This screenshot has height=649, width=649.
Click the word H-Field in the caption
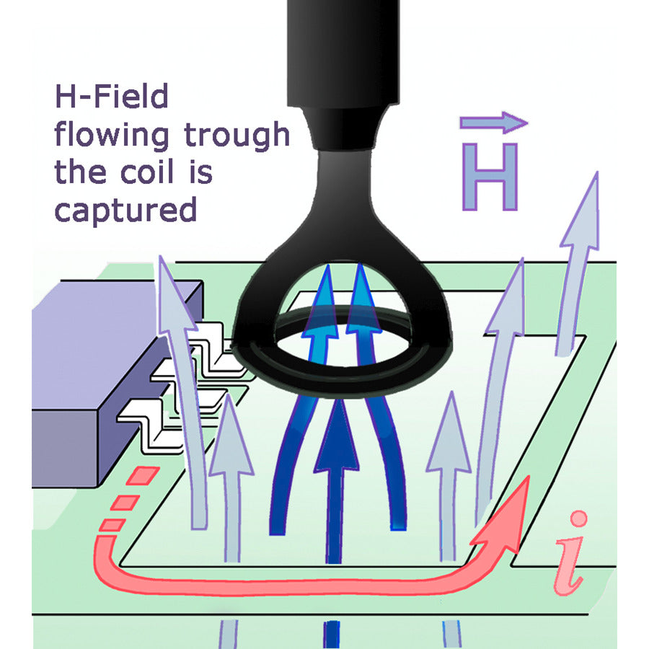112,97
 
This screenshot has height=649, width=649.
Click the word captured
125,211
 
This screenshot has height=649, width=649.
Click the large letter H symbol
490,177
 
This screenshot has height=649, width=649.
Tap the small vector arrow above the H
493,123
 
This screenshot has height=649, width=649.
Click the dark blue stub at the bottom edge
331,635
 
